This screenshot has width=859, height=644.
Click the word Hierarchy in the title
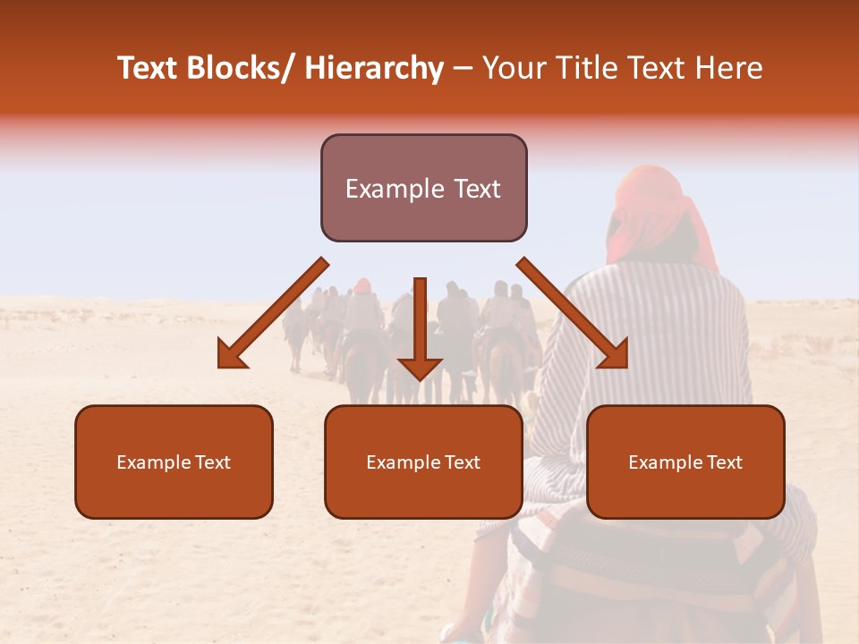[374, 69]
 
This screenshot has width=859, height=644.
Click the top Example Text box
[423, 188]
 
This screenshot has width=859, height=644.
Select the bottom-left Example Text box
[174, 462]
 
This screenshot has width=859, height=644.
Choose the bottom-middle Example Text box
[423, 462]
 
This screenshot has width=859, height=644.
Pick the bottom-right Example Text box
[685, 462]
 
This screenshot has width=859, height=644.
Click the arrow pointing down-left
[273, 313]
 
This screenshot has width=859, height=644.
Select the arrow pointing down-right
[573, 313]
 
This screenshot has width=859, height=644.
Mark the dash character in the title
[463, 70]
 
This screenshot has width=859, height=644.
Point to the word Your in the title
[513, 69]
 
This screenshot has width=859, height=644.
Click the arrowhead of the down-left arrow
[232, 355]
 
